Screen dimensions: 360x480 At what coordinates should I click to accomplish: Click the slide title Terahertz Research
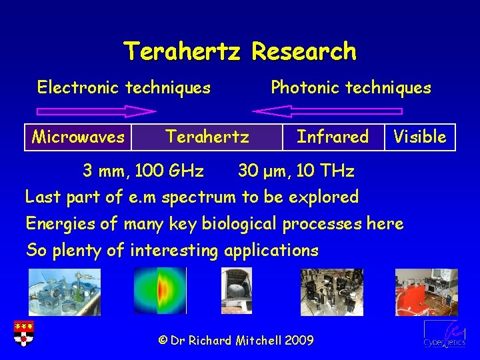(240, 51)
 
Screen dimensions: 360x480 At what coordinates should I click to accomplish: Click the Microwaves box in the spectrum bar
(78, 137)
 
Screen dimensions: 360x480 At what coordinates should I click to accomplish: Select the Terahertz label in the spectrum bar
(207, 137)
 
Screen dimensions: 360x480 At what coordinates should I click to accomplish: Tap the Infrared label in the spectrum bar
(332, 137)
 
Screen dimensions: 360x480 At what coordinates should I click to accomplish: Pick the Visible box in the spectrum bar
(419, 137)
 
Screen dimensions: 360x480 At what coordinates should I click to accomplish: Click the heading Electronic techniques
(124, 87)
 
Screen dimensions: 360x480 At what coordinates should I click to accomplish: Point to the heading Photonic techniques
(351, 87)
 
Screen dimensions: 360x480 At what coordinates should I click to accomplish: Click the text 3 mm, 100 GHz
(143, 171)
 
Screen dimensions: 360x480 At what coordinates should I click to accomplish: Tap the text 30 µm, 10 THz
(296, 171)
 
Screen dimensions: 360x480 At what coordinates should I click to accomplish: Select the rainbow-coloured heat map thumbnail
(160, 291)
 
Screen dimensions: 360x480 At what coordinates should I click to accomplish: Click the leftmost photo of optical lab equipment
(65, 291)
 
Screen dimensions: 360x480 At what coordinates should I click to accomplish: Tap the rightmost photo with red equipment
(426, 291)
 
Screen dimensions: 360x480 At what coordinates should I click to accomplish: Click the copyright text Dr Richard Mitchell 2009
(236, 340)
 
